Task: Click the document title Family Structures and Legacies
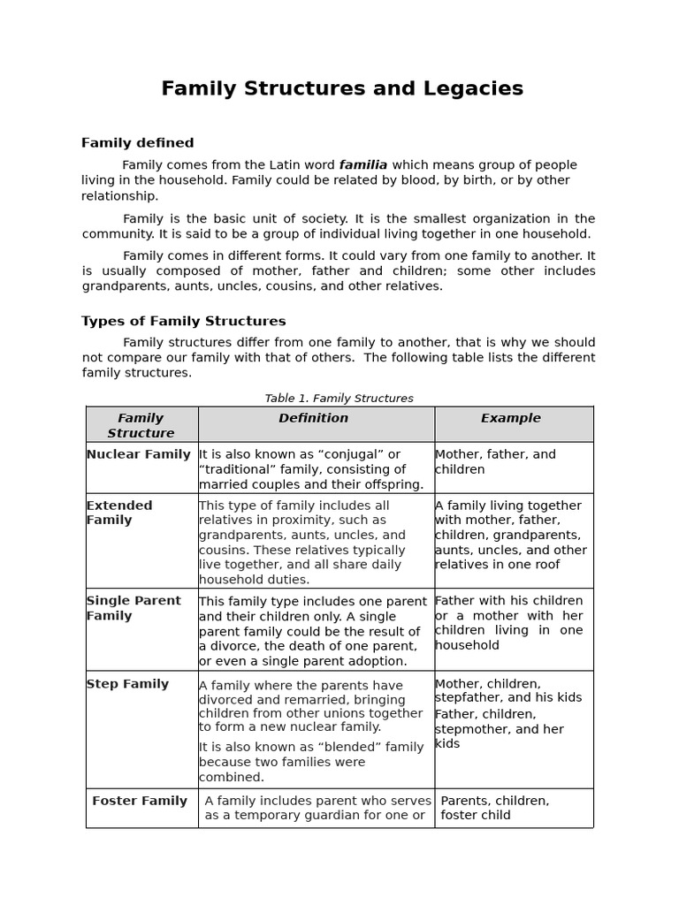coord(342,88)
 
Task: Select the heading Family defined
coord(137,143)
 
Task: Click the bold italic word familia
coord(363,164)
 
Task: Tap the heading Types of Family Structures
coord(183,322)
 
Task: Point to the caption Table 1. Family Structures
coord(339,399)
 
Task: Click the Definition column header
coord(314,418)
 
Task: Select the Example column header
coord(510,418)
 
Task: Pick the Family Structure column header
coord(141,425)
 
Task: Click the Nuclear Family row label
coord(138,454)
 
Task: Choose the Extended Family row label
coord(119,513)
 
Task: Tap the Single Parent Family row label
coord(133,608)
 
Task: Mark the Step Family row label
coord(127,684)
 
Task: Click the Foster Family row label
coord(140,801)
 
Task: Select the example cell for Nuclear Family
coord(495,461)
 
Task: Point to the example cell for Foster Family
coord(494,808)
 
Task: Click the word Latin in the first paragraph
coord(281,164)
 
